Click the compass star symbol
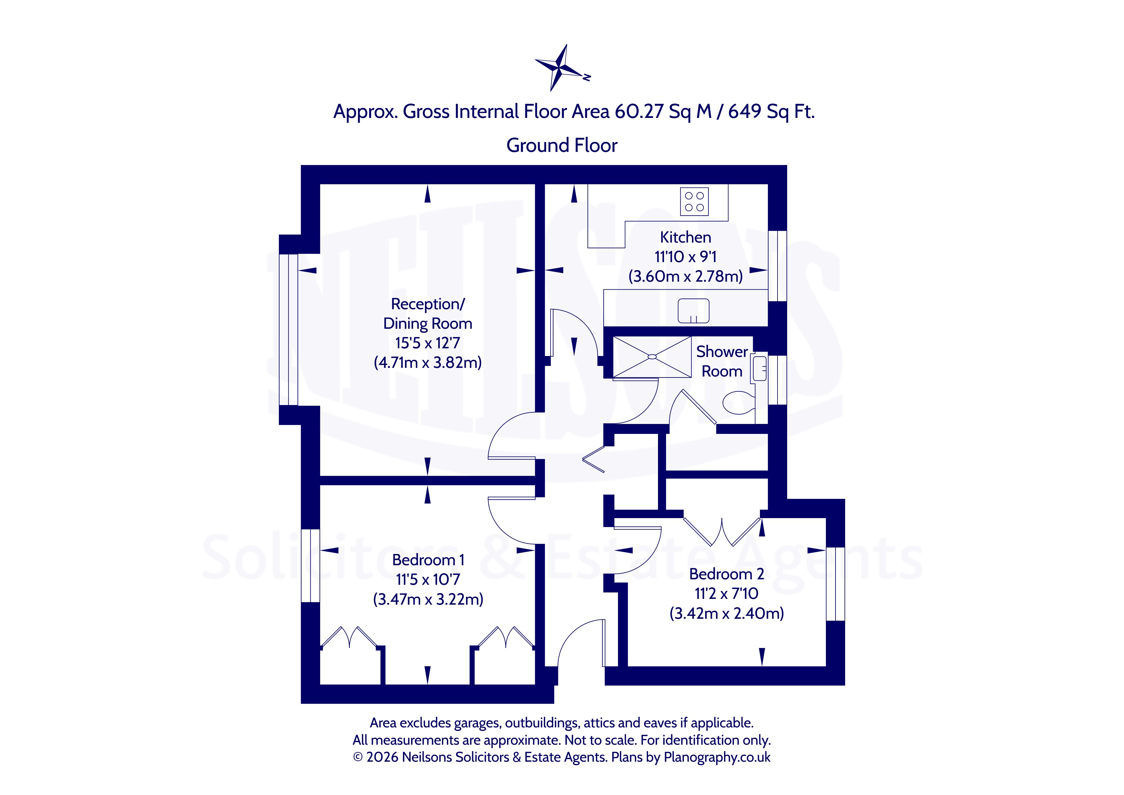pos(561,68)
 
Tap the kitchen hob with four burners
pos(694,202)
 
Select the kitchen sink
pos(693,311)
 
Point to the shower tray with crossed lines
pos(652,357)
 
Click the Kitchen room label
pos(685,237)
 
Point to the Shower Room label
pos(722,361)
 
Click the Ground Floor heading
pos(562,145)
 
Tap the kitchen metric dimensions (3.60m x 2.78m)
pos(685,277)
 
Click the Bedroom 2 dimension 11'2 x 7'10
pos(727,594)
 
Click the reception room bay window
pos(288,329)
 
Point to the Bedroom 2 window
pos(835,584)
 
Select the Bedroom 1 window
pos(310,566)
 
